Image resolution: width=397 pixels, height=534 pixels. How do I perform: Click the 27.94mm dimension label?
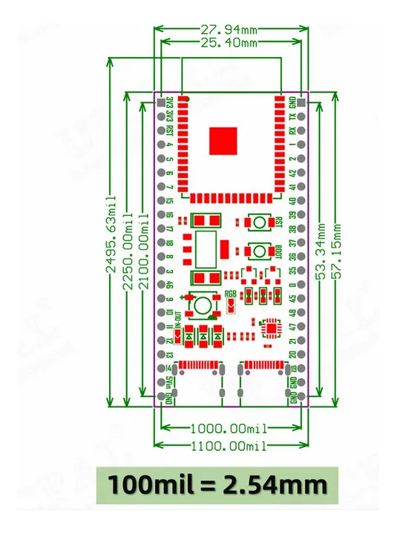coord(229,30)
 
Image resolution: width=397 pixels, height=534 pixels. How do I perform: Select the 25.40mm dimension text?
coord(229,44)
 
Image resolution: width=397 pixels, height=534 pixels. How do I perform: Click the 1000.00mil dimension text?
coord(228,429)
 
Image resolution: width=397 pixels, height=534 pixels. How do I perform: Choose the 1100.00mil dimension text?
coord(228,445)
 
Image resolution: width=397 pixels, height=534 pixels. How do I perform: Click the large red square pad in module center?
coord(223,141)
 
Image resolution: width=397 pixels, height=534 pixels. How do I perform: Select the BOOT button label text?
coord(278,251)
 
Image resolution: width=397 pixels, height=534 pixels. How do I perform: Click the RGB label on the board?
coord(231,294)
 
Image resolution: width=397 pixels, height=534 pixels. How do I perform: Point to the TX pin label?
coord(293,116)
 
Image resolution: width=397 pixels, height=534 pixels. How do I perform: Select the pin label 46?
coord(170,284)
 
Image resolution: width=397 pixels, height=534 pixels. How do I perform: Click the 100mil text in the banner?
coord(151,485)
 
